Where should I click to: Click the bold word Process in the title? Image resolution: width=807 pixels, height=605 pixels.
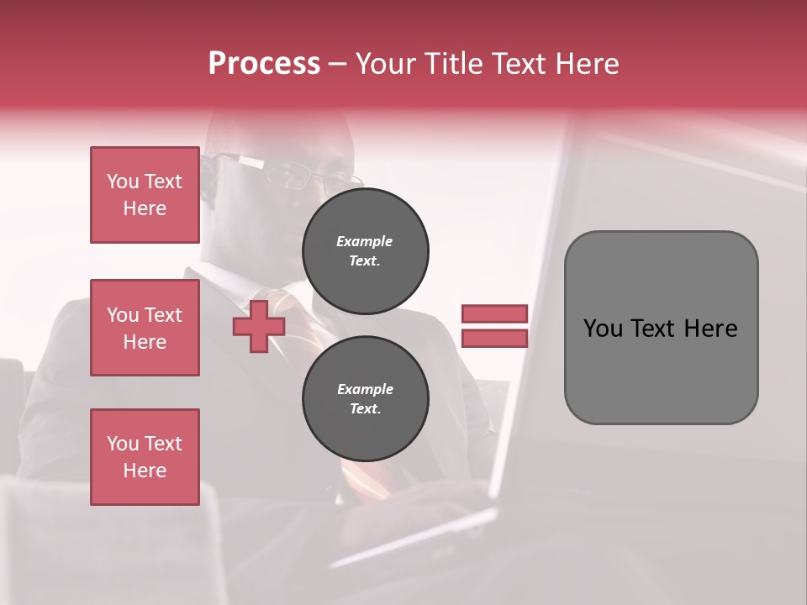click(264, 64)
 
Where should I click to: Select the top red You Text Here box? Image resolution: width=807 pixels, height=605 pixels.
click(145, 195)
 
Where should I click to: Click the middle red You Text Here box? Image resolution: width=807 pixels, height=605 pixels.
click(145, 328)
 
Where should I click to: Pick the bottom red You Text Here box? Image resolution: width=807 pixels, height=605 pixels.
click(145, 457)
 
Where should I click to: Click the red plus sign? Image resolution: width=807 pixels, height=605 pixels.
click(258, 327)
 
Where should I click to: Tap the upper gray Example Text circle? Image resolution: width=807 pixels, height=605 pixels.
click(365, 251)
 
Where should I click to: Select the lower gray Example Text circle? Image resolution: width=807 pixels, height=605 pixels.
click(365, 399)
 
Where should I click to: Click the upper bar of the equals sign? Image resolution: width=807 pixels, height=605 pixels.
click(494, 314)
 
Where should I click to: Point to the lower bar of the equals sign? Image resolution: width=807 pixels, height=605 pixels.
click(494, 339)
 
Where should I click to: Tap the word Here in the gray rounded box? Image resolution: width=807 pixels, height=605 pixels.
click(711, 329)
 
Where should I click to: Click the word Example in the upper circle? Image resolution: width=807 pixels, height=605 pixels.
click(365, 241)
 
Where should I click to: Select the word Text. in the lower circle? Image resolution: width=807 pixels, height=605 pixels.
click(365, 409)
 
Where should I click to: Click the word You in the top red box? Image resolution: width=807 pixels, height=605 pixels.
click(123, 181)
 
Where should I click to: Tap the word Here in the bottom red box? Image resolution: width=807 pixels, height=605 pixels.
click(145, 471)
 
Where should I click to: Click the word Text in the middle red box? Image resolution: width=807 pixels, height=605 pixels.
click(163, 315)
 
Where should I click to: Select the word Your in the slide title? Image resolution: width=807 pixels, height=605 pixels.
click(388, 64)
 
